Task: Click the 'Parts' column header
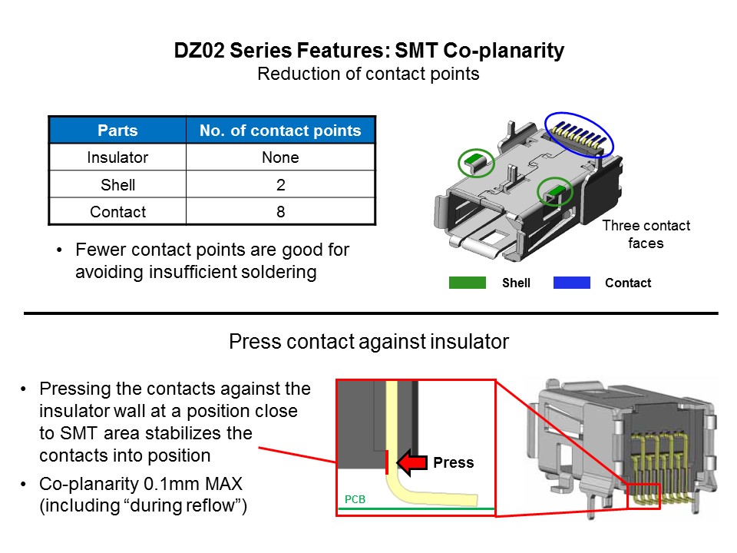point(117,131)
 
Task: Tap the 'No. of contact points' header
point(280,131)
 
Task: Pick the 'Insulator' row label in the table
point(117,158)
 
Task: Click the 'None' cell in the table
point(280,158)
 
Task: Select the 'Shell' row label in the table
point(117,185)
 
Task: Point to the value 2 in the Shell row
point(280,185)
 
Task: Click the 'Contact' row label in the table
point(117,212)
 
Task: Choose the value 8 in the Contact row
point(280,212)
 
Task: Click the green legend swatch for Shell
point(467,283)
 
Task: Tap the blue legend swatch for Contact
point(571,283)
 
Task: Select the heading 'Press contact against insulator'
point(368,342)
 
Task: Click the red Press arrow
point(411,462)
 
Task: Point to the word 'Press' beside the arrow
point(453,463)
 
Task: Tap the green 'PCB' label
point(354,499)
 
